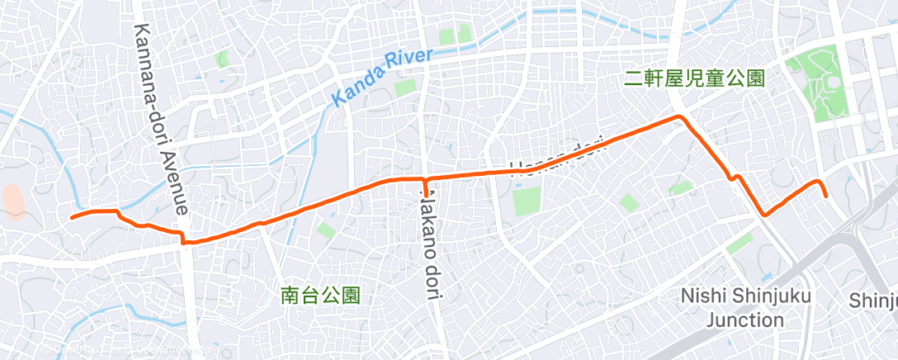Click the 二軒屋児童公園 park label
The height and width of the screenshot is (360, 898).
693,79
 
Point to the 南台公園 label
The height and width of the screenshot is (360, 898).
321,294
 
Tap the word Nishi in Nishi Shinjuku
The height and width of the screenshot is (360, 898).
702,296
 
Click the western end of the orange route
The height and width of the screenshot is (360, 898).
72,217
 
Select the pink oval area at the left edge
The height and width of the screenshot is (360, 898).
13,202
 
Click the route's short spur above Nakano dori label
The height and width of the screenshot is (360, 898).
425,188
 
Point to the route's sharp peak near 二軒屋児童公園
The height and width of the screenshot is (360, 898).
679,117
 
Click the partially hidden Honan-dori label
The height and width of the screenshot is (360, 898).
559,154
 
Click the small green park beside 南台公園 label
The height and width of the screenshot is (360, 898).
325,230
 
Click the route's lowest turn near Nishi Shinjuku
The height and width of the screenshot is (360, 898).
765,215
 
